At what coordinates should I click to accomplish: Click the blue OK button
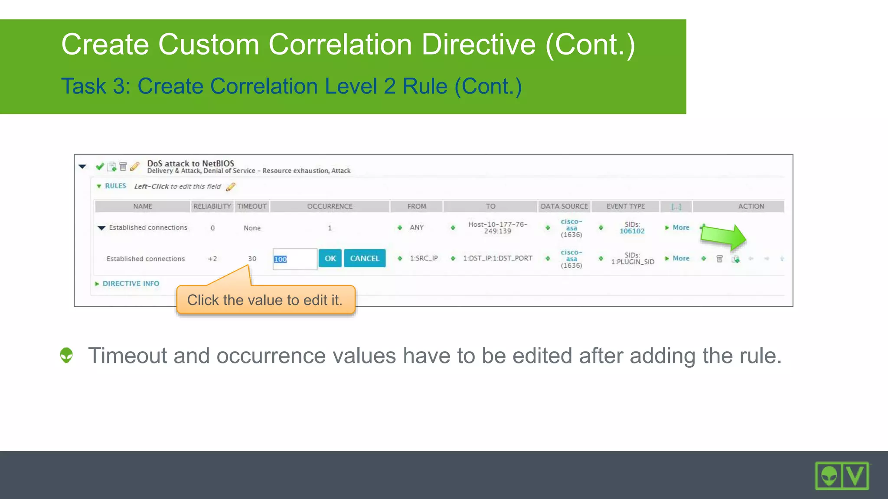tap(330, 259)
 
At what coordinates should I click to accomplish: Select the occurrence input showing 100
tap(294, 259)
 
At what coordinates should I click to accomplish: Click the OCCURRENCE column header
tap(330, 206)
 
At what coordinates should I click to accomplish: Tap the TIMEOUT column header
tap(252, 206)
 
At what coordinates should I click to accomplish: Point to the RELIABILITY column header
tap(212, 206)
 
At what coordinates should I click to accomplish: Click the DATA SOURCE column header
tap(564, 206)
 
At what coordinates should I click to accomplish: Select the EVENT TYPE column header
tap(625, 206)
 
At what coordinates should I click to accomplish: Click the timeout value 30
tap(252, 259)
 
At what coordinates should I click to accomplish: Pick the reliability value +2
tap(212, 259)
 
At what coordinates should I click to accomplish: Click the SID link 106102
tap(632, 231)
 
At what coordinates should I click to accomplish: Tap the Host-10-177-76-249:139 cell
tap(497, 227)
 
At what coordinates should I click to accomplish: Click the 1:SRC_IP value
tap(424, 258)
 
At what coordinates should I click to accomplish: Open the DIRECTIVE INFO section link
tap(131, 283)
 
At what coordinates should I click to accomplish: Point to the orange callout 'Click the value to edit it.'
tap(265, 300)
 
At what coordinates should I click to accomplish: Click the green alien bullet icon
tap(66, 355)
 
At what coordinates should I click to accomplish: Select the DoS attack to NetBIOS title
tap(190, 163)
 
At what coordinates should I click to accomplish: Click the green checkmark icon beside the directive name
tap(100, 166)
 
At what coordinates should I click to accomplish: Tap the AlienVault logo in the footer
tap(842, 476)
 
